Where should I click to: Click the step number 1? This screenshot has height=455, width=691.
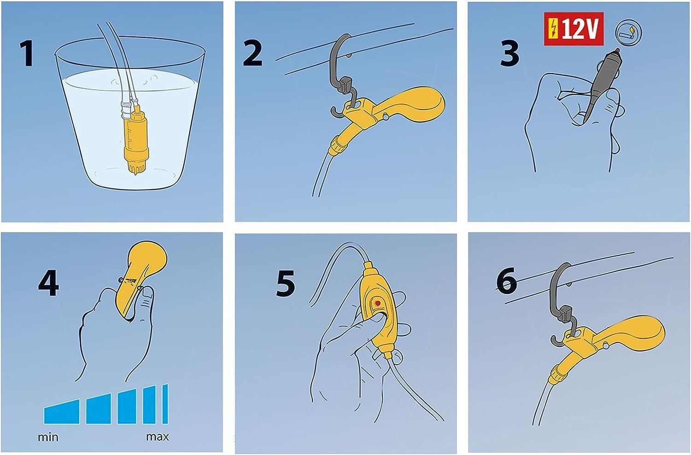[x=26, y=52]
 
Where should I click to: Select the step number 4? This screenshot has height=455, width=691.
[x=48, y=283]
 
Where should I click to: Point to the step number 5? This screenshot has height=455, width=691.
[x=285, y=284]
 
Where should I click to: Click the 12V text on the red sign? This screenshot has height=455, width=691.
[x=580, y=29]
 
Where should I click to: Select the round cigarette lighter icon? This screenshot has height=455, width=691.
[x=629, y=32]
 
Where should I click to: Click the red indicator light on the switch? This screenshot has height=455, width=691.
[x=378, y=303]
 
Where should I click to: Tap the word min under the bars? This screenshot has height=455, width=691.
[x=48, y=437]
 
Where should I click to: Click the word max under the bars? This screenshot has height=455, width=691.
[x=158, y=437]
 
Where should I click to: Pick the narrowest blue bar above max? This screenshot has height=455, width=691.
[x=165, y=404]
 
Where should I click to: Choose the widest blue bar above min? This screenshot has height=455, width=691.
[x=62, y=412]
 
